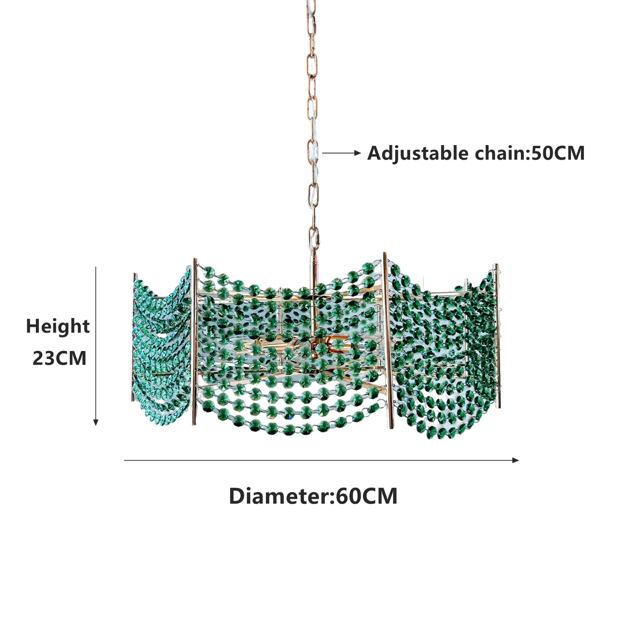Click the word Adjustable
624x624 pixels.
(x=418, y=153)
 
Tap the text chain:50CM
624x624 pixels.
(x=530, y=153)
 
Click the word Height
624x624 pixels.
(x=57, y=326)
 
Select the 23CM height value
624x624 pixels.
(x=60, y=358)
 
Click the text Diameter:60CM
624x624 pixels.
(x=313, y=496)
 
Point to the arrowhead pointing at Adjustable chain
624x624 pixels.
(x=358, y=153)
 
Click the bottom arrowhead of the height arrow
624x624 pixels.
(x=95, y=422)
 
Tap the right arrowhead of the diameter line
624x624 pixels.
(x=515, y=460)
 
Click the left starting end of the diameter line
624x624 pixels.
(x=124, y=460)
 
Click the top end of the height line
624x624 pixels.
(x=96, y=267)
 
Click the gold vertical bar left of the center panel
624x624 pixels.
(x=194, y=341)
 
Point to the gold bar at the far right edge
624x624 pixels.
(x=498, y=336)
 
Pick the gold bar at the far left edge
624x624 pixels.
(x=134, y=337)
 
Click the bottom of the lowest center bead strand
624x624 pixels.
(x=289, y=430)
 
